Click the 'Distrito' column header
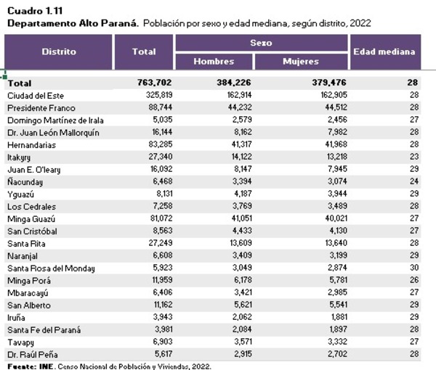click(58, 52)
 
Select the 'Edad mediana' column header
click(384, 52)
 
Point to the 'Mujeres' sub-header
click(301, 62)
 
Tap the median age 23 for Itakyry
click(413, 157)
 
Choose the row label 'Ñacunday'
click(25, 181)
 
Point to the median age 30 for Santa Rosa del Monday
click(413, 268)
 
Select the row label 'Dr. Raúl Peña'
click(31, 354)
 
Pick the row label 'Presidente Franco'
click(38, 107)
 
